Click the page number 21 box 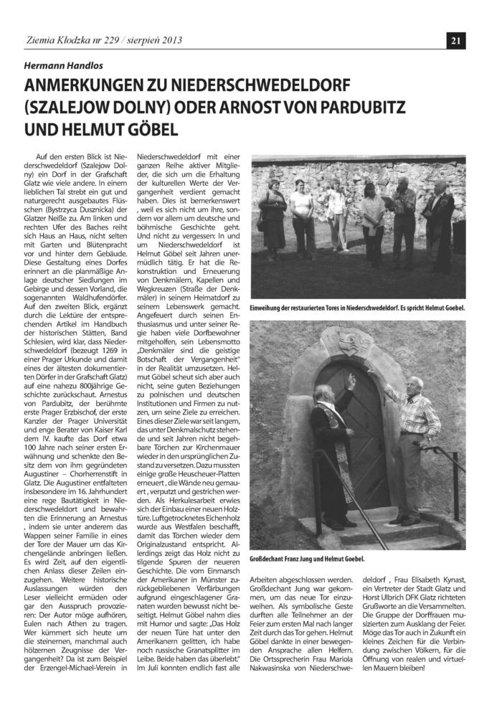(455, 41)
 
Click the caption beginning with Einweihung (357, 308)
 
